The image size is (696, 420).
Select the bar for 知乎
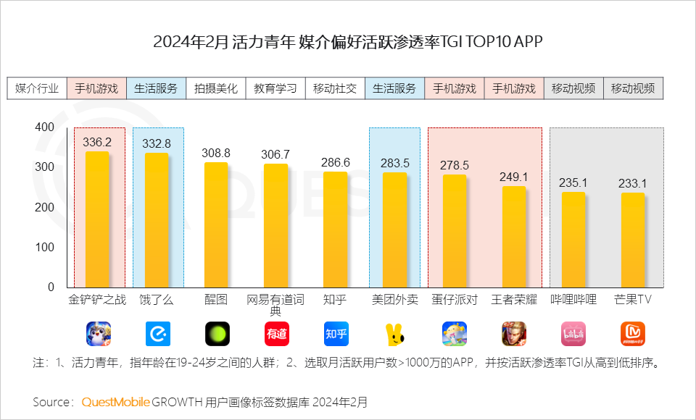pos(335,230)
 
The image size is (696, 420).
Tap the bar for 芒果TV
pos(632,240)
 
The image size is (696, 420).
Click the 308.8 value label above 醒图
pos(216,154)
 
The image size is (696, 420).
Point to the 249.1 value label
pos(514,177)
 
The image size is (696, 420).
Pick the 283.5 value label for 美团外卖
pos(395,163)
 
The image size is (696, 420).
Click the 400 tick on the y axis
pos(45,127)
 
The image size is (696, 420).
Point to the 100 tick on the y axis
pos(45,247)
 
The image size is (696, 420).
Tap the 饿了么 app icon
pos(157,333)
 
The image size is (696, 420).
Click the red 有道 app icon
pos(275,333)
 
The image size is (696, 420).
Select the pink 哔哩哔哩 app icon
pos(573,333)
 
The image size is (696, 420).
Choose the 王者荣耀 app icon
pos(513,333)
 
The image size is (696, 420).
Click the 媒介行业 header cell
pos(37,88)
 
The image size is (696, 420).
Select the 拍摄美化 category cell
pos(215,88)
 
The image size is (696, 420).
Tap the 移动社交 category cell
pos(334,88)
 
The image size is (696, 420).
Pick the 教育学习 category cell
pos(275,88)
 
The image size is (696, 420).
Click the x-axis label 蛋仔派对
pos(455,299)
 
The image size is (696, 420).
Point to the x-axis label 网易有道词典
pos(275,305)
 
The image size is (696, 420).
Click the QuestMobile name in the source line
pos(116,401)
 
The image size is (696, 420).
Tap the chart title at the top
pos(348,41)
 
